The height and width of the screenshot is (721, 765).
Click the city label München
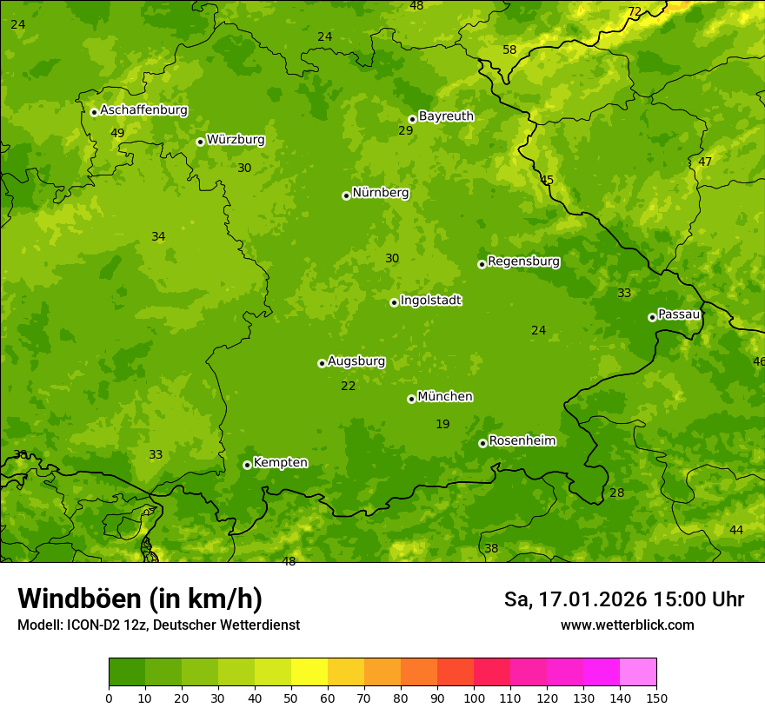445,397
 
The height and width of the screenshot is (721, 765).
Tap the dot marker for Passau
652,317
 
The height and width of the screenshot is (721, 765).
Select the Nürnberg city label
381,193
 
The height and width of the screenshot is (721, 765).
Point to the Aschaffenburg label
143,110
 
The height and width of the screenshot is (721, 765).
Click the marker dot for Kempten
247,465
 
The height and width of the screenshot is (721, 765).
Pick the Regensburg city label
523,261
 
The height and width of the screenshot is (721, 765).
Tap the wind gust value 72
635,11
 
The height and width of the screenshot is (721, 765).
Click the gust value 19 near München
442,424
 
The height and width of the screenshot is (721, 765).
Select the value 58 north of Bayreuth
509,50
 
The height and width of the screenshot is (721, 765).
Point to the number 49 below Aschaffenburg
117,133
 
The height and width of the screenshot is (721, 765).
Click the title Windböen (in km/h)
140,599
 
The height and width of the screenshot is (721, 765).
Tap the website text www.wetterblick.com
627,625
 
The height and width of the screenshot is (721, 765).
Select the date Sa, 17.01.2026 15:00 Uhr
623,599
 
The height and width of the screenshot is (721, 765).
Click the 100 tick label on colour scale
474,698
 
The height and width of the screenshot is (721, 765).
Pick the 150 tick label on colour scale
656,698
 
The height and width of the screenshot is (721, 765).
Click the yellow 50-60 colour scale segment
309,672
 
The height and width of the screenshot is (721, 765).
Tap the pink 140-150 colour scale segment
638,672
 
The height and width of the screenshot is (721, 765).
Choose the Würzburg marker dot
200,142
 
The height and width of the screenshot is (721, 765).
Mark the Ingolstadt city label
430,301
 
